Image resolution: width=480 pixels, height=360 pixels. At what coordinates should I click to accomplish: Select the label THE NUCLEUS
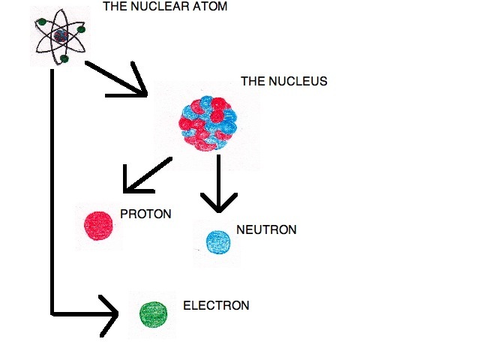pyautogui.click(x=283, y=81)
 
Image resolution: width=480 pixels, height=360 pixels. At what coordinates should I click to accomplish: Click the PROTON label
pyautogui.click(x=145, y=214)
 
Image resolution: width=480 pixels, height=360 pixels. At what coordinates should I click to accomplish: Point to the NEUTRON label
pyautogui.click(x=265, y=229)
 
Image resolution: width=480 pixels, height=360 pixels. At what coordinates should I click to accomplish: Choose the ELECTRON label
pyautogui.click(x=216, y=306)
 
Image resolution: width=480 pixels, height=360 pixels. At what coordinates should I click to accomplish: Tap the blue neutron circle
pyautogui.click(x=217, y=241)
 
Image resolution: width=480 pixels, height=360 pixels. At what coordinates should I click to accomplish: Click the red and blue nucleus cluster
pyautogui.click(x=208, y=122)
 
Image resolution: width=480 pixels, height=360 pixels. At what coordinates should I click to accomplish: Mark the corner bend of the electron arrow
pyautogui.click(x=52, y=312)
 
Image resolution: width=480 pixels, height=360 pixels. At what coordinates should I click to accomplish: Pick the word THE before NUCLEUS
pyautogui.click(x=253, y=81)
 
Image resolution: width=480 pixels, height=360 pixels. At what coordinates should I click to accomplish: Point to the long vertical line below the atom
pyautogui.click(x=52, y=187)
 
